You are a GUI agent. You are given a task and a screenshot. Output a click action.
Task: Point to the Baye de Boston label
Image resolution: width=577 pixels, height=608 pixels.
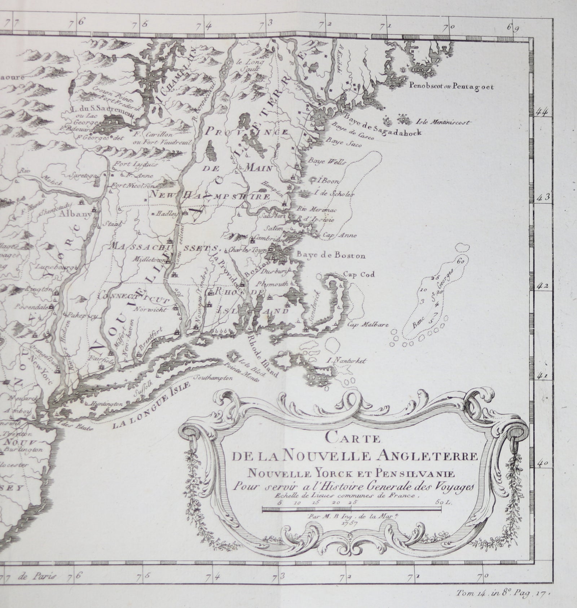(x=331, y=256)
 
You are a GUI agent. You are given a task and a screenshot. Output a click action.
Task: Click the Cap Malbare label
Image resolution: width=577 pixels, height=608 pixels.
(x=368, y=325)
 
